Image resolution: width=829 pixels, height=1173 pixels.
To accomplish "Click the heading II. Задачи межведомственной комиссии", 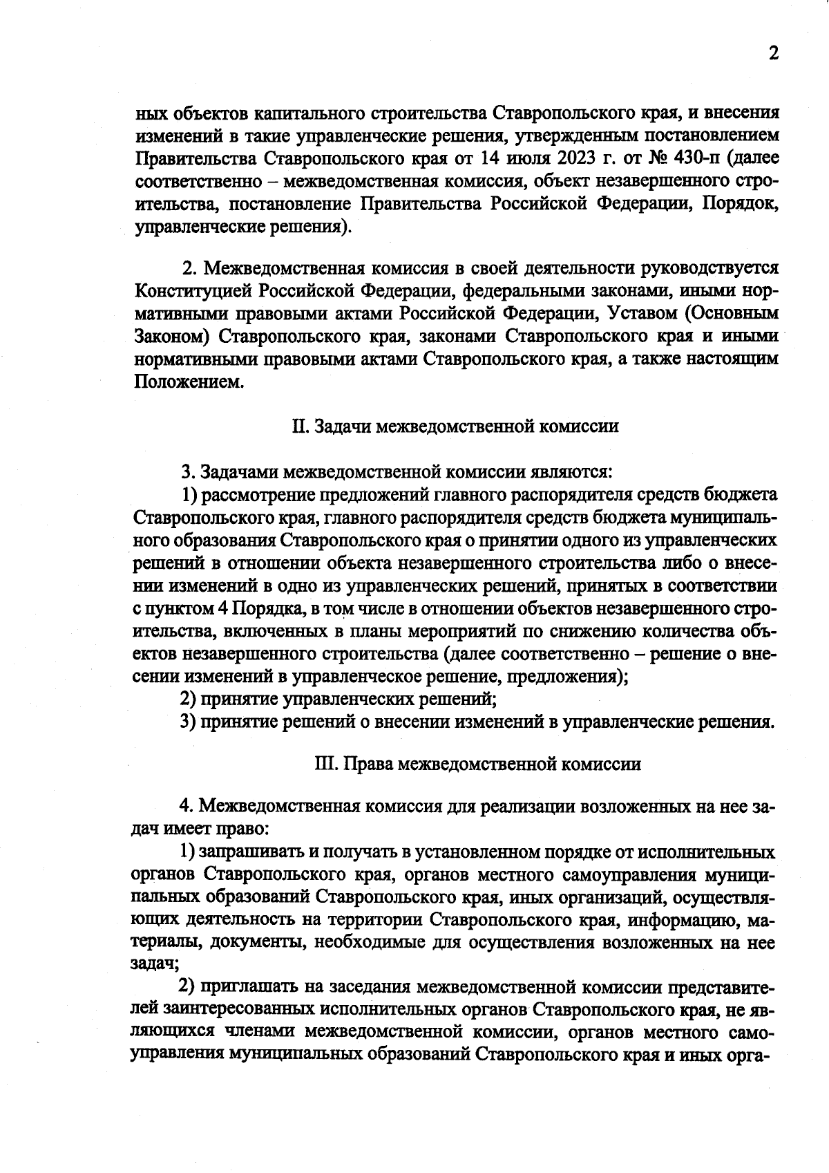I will tap(455, 426).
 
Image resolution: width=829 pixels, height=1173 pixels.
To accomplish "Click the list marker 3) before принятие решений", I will tap(189, 722).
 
